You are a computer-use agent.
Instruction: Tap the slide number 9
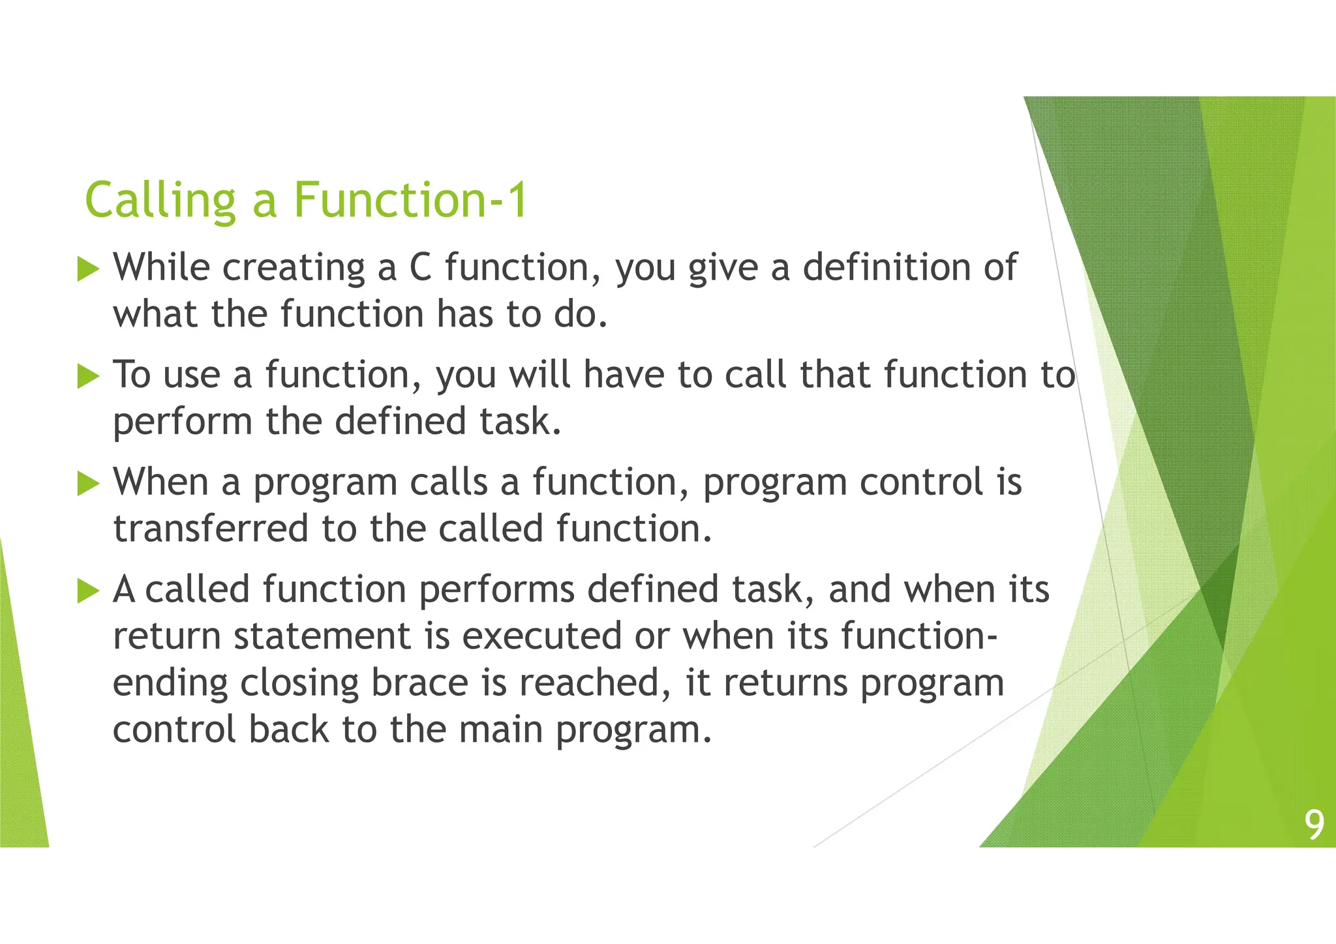1314,825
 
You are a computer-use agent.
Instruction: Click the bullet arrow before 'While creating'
88,269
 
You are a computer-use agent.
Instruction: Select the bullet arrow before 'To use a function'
88,376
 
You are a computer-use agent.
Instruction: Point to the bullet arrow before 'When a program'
88,484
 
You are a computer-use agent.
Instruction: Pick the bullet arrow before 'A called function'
88,591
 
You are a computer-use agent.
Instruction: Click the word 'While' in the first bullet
161,267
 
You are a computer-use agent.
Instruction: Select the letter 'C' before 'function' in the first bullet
421,267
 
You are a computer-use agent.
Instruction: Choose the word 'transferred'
211,529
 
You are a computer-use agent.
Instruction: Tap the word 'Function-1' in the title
410,200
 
